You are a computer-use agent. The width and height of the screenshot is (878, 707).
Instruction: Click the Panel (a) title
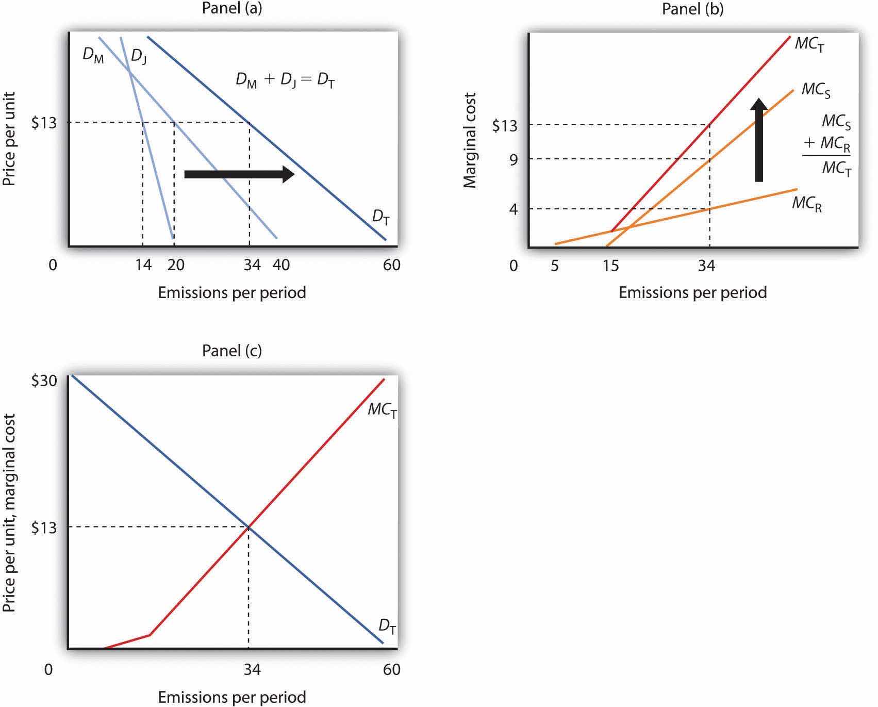click(231, 9)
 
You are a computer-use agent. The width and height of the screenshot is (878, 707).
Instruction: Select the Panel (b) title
click(692, 9)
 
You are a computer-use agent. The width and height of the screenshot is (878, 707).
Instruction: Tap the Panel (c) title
click(231, 351)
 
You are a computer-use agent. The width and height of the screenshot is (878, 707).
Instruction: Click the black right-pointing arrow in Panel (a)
click(239, 174)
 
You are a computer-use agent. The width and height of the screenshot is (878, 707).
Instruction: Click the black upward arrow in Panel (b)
click(758, 140)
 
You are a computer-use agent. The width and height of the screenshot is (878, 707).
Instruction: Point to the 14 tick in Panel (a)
click(143, 265)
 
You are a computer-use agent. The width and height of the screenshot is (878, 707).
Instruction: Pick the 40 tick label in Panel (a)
click(280, 265)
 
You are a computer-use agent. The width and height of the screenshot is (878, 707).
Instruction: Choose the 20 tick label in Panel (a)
click(175, 265)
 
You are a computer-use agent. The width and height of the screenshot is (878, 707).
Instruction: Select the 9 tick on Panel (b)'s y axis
click(513, 159)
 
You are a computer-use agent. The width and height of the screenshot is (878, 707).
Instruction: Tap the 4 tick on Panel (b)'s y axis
click(513, 209)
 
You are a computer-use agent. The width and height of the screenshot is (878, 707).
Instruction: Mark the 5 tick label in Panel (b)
click(555, 266)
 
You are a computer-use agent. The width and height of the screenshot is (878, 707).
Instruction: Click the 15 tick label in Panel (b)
click(610, 266)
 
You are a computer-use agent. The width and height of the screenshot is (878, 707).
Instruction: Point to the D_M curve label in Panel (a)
click(93, 55)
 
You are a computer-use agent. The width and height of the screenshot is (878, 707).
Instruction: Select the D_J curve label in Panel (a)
click(138, 55)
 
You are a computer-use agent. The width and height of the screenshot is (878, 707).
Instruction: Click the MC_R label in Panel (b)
click(807, 204)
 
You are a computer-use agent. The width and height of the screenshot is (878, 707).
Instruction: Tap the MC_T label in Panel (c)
click(382, 411)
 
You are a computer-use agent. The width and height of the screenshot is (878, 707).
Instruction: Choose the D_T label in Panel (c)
click(388, 627)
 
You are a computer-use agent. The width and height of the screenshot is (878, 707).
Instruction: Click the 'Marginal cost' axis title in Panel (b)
click(470, 140)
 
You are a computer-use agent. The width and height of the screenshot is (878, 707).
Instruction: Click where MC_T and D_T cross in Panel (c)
click(249, 527)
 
